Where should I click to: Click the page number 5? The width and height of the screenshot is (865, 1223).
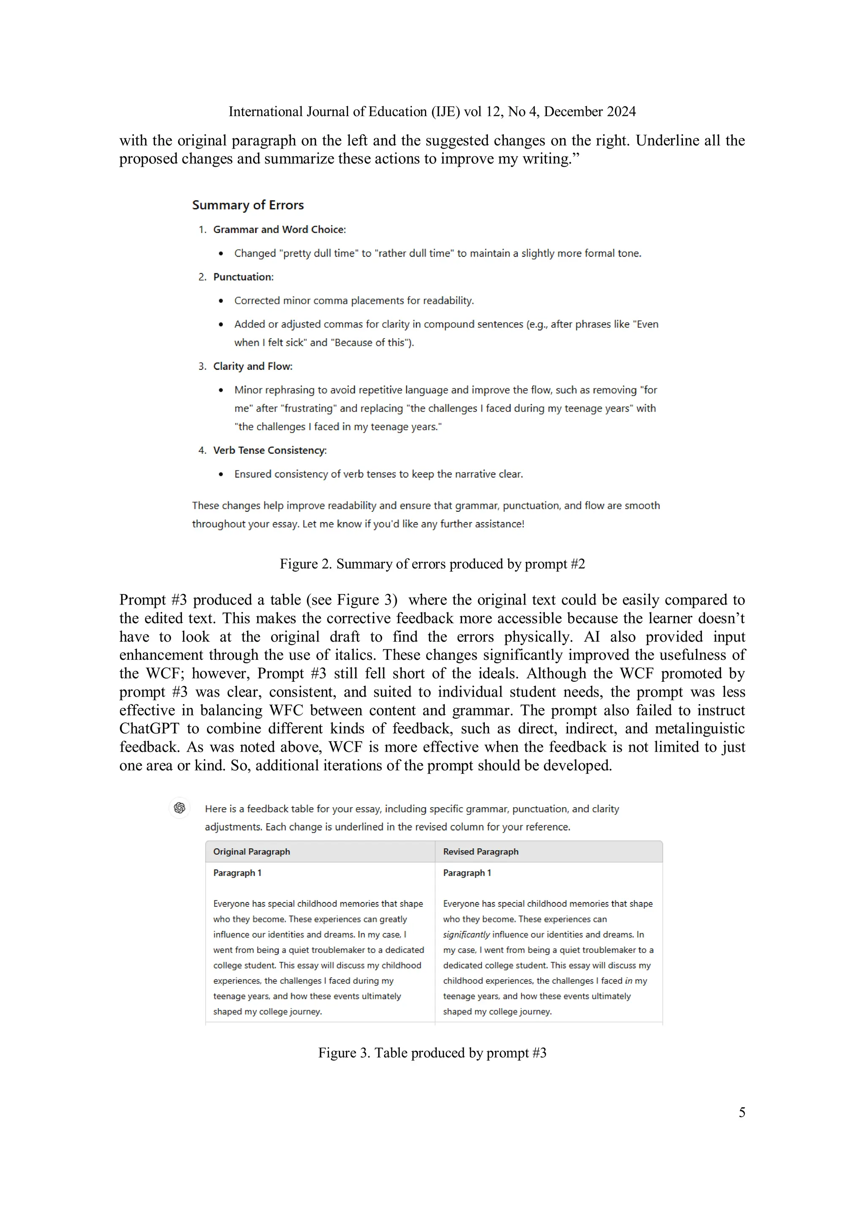pyautogui.click(x=741, y=1112)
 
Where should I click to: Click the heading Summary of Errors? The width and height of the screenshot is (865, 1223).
pyautogui.click(x=248, y=205)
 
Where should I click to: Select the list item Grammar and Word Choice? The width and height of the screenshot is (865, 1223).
pyautogui.click(x=279, y=230)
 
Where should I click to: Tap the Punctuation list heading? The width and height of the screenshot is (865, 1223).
pyautogui.click(x=243, y=277)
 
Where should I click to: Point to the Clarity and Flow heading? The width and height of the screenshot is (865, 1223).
pyautogui.click(x=253, y=366)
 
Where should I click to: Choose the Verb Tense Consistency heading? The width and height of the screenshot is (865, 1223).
pyautogui.click(x=270, y=450)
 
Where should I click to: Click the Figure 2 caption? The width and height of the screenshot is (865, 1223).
pyautogui.click(x=432, y=564)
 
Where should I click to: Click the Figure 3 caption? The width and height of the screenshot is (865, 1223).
pyautogui.click(x=432, y=1052)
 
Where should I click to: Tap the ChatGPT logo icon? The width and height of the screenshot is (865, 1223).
pyautogui.click(x=180, y=808)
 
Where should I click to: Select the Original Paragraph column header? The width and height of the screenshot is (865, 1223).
pyautogui.click(x=252, y=852)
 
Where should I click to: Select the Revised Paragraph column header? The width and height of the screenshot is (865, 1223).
pyautogui.click(x=481, y=852)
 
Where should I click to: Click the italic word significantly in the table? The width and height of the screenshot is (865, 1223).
pyautogui.click(x=466, y=935)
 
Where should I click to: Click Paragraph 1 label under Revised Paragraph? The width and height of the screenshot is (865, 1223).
pyautogui.click(x=467, y=873)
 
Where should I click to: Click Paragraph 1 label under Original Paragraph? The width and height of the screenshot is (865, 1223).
pyautogui.click(x=237, y=873)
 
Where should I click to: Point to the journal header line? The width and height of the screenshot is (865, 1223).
pyautogui.click(x=432, y=111)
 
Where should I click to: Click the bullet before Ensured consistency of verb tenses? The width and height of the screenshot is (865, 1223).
pyautogui.click(x=220, y=475)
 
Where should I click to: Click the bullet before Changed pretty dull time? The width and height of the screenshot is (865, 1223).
pyautogui.click(x=220, y=254)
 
